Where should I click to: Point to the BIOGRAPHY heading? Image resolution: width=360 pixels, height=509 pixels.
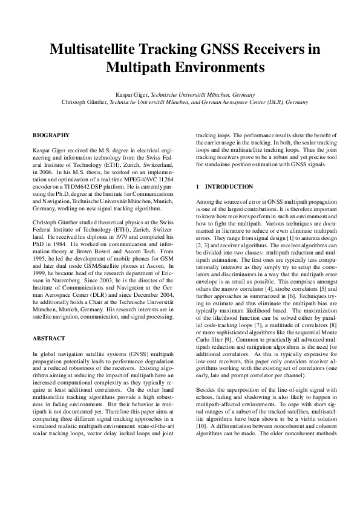(x=51, y=135)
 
